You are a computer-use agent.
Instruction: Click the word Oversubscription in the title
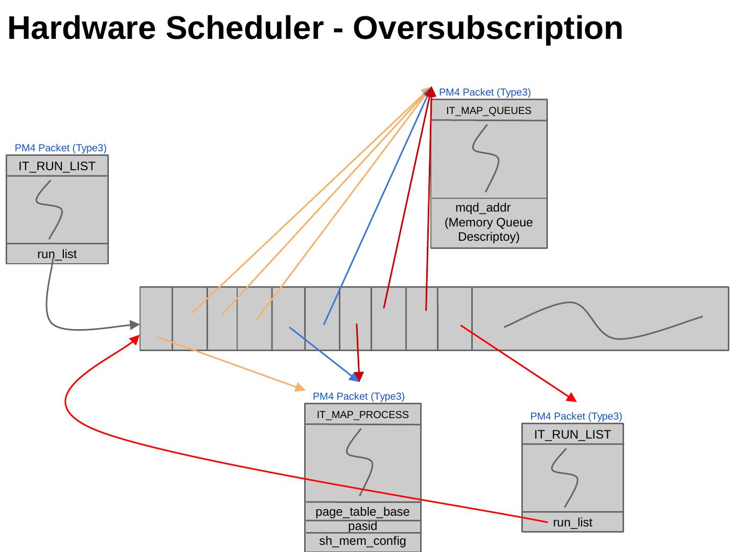coord(488,28)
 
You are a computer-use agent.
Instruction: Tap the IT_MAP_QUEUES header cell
coord(489,110)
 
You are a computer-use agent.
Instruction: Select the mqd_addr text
coord(483,208)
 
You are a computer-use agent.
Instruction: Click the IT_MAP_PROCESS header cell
coord(362,415)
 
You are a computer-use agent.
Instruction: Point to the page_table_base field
coord(362,512)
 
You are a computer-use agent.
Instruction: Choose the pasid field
coord(362,526)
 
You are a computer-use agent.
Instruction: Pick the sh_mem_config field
coord(362,541)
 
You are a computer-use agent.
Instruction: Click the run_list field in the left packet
coord(57,254)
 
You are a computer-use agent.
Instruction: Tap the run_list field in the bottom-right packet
coord(572,522)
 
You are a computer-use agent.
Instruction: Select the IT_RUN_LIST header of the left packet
coord(57,166)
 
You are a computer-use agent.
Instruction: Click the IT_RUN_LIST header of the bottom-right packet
coord(572,434)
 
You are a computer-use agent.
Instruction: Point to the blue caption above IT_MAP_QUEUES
coord(485,93)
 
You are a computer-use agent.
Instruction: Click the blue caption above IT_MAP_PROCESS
coord(358,396)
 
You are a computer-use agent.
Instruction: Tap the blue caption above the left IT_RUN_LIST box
coord(60,148)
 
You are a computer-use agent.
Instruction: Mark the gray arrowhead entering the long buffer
coord(135,325)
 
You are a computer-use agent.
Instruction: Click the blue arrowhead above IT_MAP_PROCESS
coord(354,378)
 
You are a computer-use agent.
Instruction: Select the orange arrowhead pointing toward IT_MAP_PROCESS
coord(300,387)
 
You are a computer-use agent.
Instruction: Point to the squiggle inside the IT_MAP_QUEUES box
coord(485,158)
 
